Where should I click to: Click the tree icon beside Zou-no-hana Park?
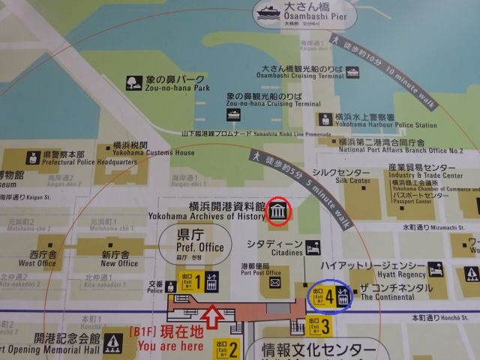click(x=133, y=82)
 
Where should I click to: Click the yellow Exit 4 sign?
click(x=325, y=293)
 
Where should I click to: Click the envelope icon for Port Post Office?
click(x=275, y=282)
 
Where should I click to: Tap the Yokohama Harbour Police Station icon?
click(x=325, y=119)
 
